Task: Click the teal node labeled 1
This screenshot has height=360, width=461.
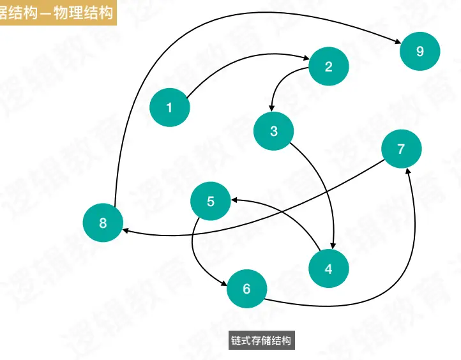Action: pos(169,108)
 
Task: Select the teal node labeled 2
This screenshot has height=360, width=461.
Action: pos(328,66)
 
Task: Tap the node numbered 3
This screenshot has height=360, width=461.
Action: pos(273,131)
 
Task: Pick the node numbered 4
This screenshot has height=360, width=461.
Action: pos(328,269)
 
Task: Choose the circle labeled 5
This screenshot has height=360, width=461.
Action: pos(211,202)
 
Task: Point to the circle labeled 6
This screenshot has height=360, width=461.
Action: pos(246,289)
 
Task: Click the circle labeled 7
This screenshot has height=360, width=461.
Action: pos(401,149)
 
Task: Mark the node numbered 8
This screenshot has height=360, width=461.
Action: pos(103,223)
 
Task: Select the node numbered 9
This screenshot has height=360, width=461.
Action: pos(419,52)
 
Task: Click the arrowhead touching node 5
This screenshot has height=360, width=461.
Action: pos(235,200)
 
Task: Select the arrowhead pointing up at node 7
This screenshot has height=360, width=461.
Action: pos(408,171)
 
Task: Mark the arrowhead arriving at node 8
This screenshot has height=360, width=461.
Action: pos(126,230)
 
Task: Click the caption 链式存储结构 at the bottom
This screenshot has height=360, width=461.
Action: pos(262,340)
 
